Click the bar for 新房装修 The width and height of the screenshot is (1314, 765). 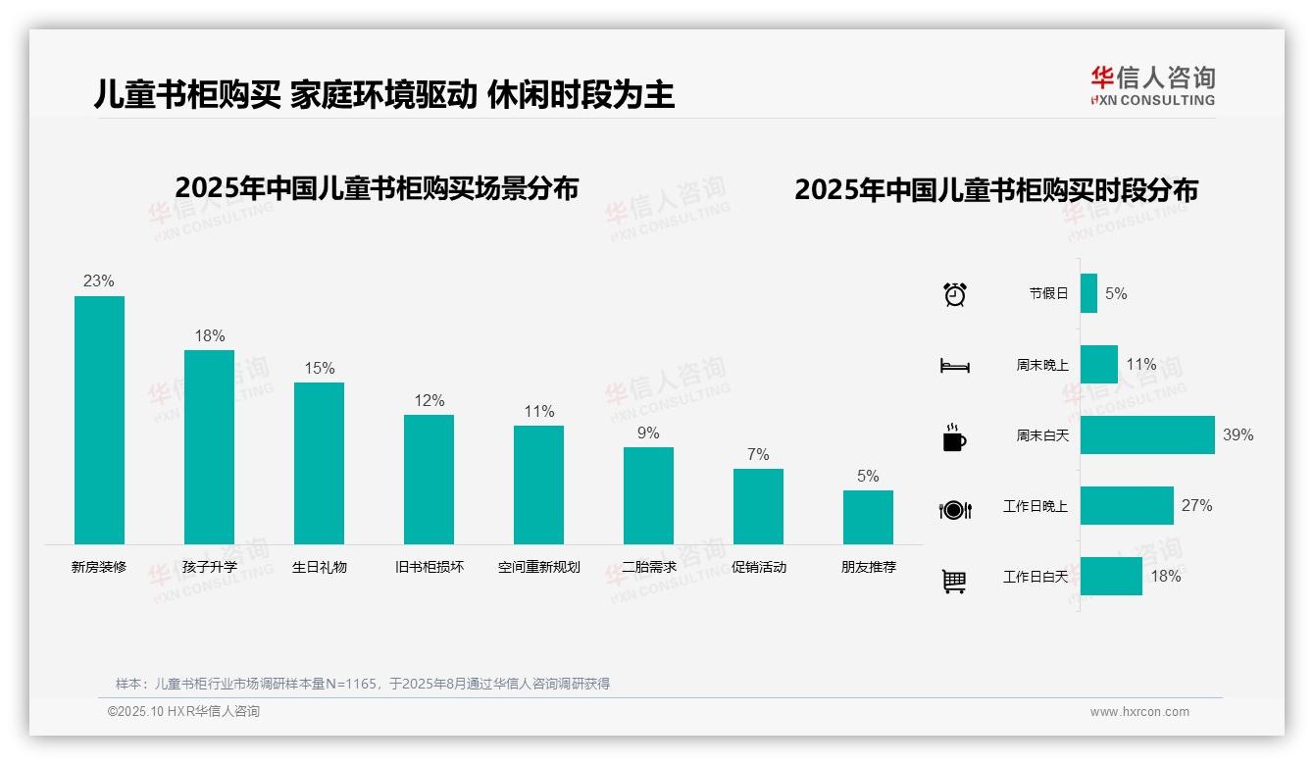[99, 420]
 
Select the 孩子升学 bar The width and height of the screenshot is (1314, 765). [209, 447]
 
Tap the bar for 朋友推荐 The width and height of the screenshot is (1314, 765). [868, 517]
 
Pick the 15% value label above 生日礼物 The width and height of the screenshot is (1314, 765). [319, 369]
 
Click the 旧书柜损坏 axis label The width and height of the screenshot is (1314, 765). [429, 567]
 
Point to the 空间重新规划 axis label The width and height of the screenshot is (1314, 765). [538, 567]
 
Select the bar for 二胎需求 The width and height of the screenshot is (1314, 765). [648, 495]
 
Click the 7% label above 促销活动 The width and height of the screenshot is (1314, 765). [758, 455]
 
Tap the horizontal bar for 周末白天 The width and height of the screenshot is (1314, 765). [1147, 434]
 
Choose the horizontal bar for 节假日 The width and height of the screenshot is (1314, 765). [1088, 293]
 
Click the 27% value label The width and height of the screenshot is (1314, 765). [1196, 506]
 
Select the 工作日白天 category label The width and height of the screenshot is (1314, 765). [1036, 577]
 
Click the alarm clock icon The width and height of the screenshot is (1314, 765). [954, 293]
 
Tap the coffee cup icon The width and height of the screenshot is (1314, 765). [954, 437]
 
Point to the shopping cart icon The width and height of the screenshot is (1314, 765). [954, 581]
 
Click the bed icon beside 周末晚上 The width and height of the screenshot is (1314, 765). [954, 366]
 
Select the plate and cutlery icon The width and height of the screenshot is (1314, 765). [954, 509]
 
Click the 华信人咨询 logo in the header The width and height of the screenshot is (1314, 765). [1152, 85]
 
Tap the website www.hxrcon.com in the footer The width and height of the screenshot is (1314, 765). [1139, 712]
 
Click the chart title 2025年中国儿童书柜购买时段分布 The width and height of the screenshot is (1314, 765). [996, 190]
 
